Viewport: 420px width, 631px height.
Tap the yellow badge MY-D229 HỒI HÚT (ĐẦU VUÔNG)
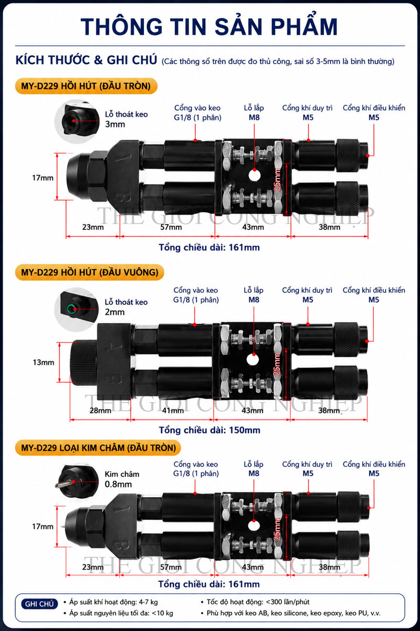(x=90, y=272)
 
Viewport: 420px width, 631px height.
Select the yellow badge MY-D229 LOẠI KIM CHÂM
(x=98, y=448)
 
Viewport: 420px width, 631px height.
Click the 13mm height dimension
(x=44, y=362)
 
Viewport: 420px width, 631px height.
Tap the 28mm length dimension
(x=100, y=411)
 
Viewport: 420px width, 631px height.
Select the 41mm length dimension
(x=173, y=411)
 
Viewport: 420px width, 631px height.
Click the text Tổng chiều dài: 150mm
(x=209, y=430)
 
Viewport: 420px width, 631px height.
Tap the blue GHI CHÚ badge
(x=39, y=604)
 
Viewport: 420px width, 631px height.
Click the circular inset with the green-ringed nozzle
(x=77, y=309)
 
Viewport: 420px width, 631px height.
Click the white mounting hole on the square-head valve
(x=253, y=360)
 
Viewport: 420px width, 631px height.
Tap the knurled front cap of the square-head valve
(x=83, y=363)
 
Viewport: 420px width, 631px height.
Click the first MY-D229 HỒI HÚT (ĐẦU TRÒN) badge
(x=86, y=86)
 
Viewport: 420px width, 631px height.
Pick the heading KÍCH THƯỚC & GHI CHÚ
(x=86, y=60)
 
